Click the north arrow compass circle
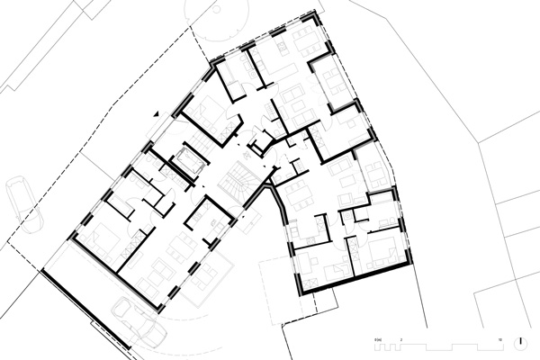(x=522, y=341)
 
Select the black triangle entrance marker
(x=157, y=114)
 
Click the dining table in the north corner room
(x=304, y=39)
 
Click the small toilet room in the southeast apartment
(x=360, y=216)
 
